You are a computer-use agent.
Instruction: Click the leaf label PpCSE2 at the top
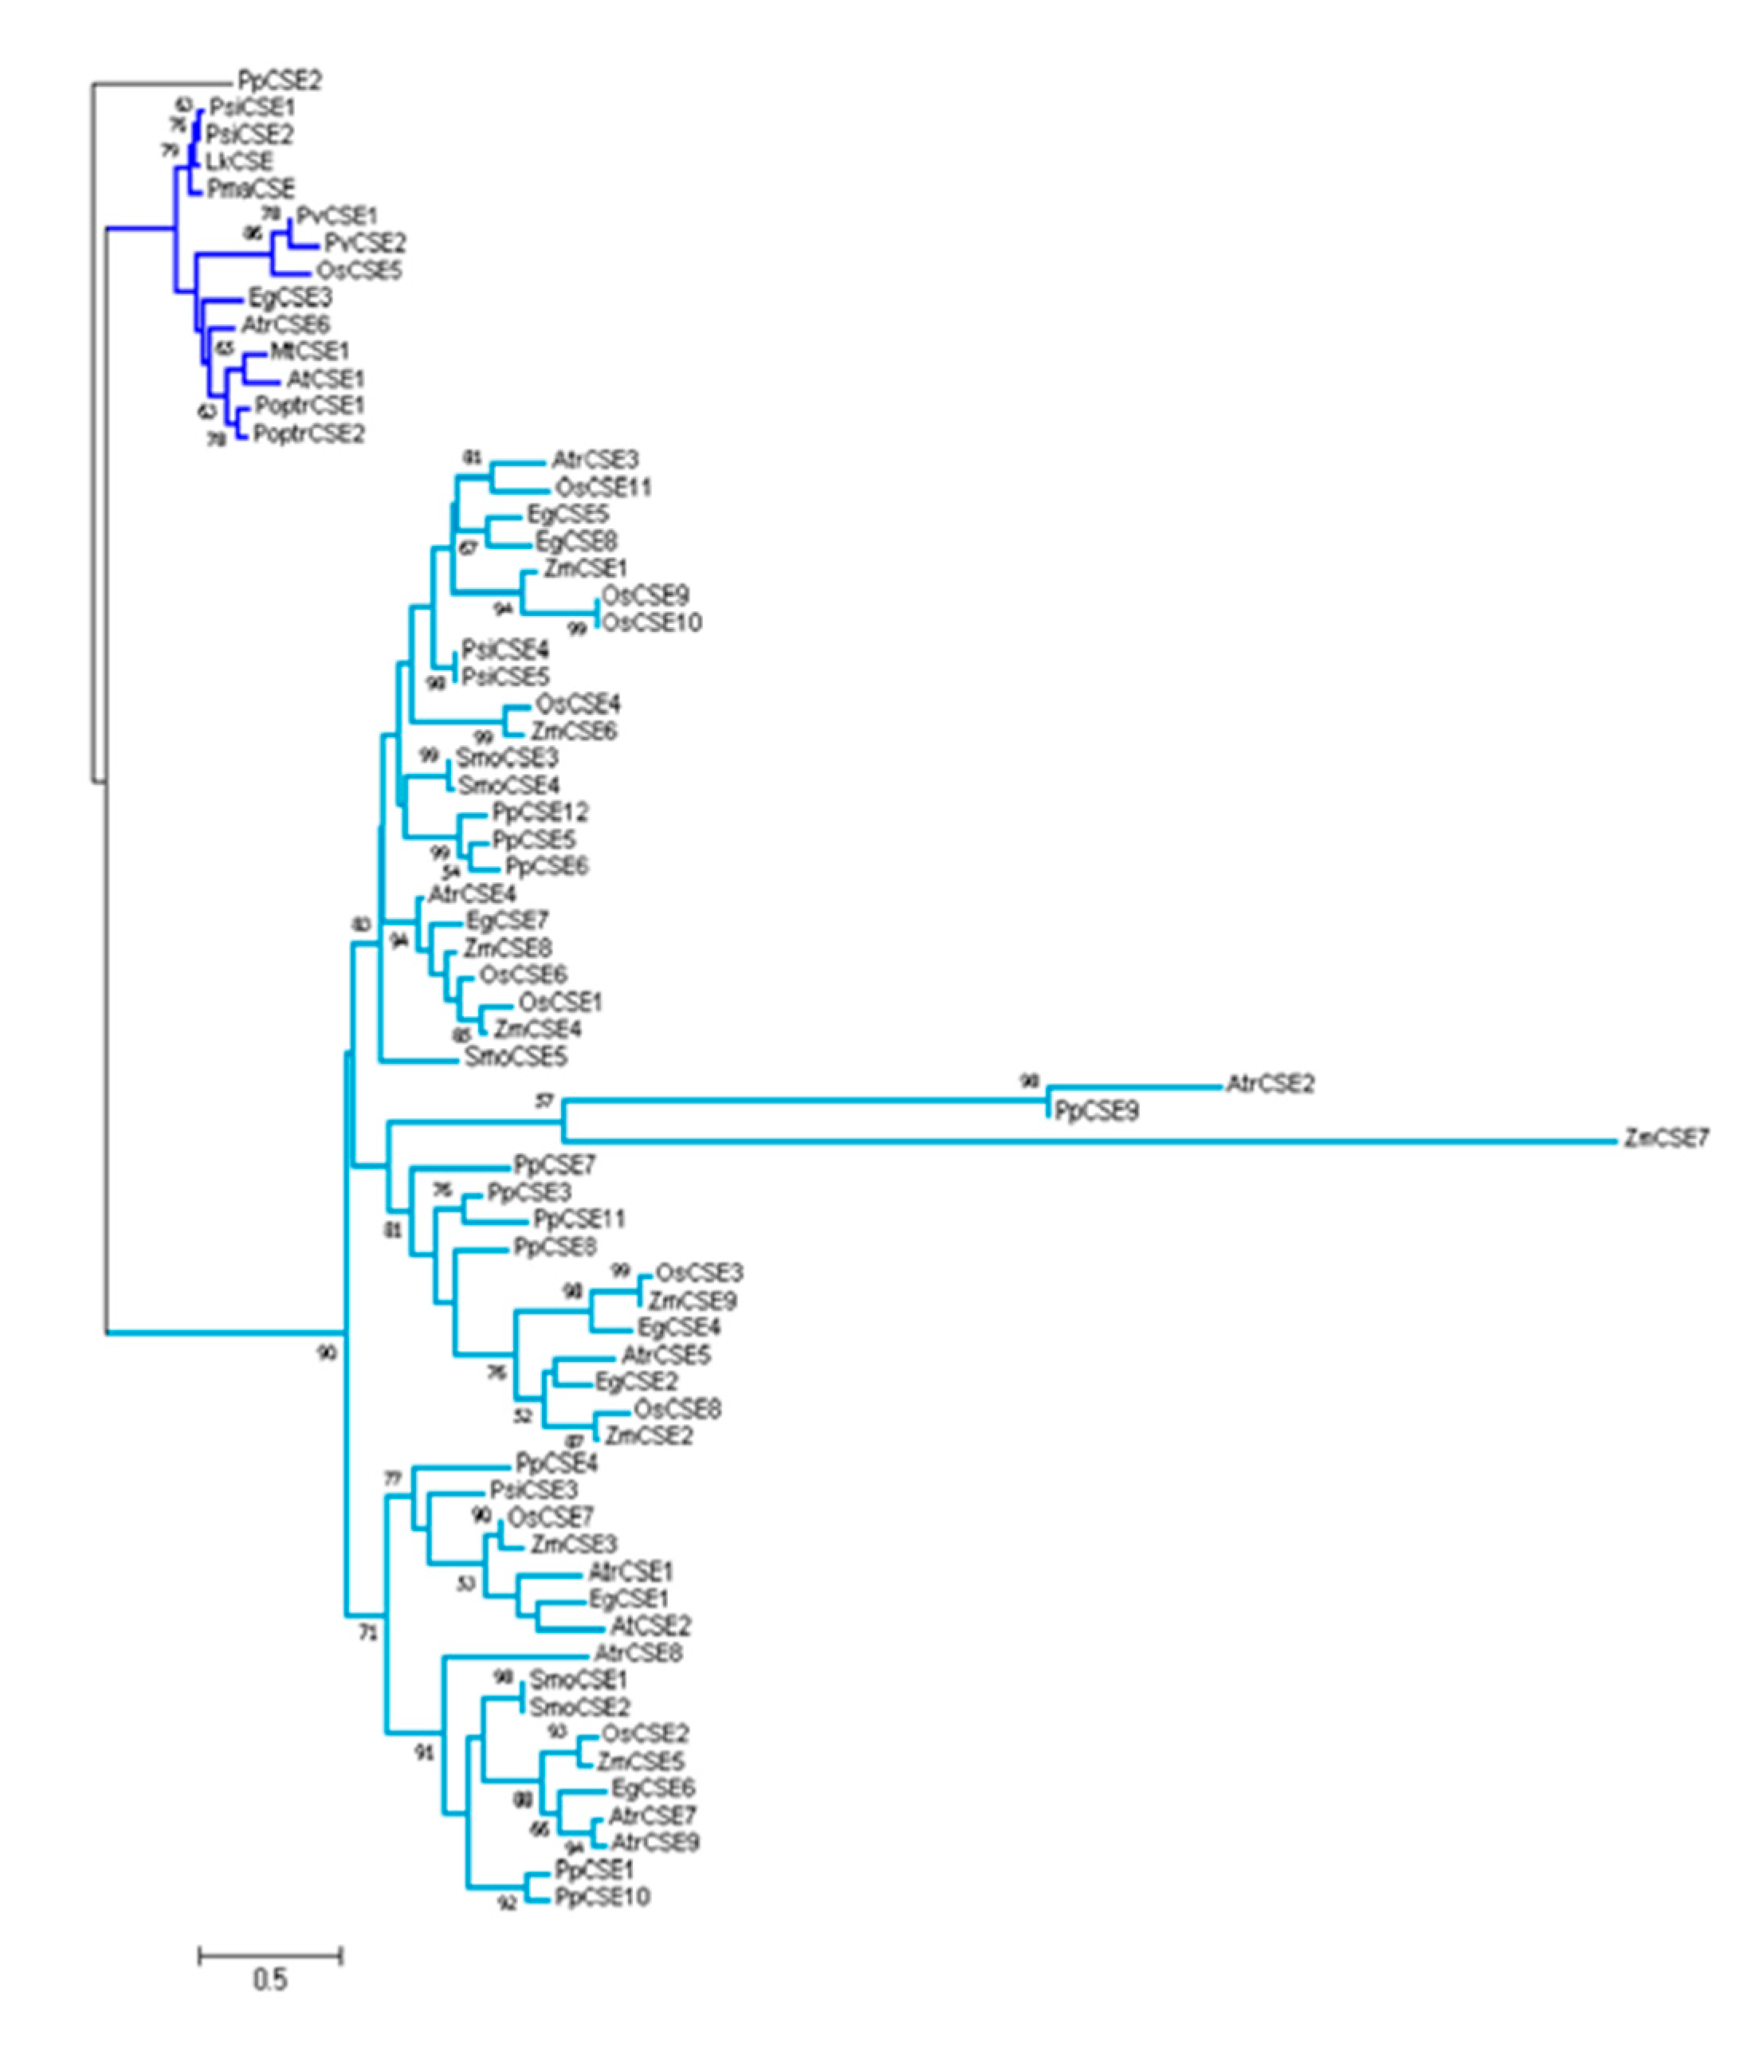pyautogui.click(x=279, y=80)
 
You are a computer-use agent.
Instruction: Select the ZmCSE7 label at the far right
pyautogui.click(x=1666, y=1138)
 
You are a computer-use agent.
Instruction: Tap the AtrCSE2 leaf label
pyautogui.click(x=1270, y=1084)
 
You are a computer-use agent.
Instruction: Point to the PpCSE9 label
pyautogui.click(x=1097, y=1112)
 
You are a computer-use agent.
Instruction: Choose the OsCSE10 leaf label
pyautogui.click(x=652, y=622)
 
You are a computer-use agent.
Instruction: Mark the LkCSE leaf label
pyautogui.click(x=239, y=161)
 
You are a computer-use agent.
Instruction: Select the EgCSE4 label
pyautogui.click(x=678, y=1327)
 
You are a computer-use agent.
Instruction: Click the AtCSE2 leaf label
pyautogui.click(x=650, y=1626)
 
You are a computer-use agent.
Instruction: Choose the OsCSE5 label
pyautogui.click(x=359, y=270)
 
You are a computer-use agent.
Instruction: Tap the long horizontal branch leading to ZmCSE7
pyautogui.click(x=1088, y=1141)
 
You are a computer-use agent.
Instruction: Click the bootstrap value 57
pyautogui.click(x=543, y=1101)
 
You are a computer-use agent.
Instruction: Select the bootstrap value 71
pyautogui.click(x=367, y=1634)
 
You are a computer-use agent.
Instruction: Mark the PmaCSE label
pyautogui.click(x=250, y=188)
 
